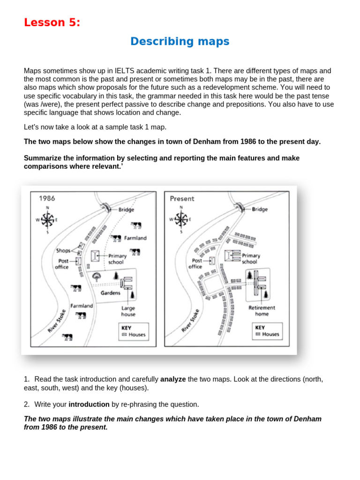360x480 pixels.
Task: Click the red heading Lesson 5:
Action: (x=52, y=22)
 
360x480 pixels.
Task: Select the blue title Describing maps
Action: (x=180, y=41)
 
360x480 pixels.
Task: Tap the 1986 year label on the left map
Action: (x=47, y=198)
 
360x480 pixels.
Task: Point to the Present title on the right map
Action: (x=182, y=198)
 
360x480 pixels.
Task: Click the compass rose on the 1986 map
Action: (x=47, y=219)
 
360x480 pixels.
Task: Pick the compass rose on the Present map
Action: (x=180, y=218)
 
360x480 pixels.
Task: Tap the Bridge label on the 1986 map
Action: (x=126, y=210)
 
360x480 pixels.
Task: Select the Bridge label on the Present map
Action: (x=260, y=209)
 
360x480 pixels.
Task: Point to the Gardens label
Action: (x=111, y=293)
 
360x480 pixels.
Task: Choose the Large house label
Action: (x=128, y=311)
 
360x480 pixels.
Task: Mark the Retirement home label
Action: (x=262, y=311)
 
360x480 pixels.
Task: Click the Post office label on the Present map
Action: (x=195, y=263)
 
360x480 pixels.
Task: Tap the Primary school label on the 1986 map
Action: (x=117, y=259)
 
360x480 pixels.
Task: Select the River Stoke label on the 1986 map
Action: (x=57, y=321)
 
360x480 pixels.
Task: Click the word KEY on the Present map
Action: (x=260, y=327)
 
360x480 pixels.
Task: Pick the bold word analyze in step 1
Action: (x=173, y=379)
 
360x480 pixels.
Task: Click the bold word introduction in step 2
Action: (x=88, y=404)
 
